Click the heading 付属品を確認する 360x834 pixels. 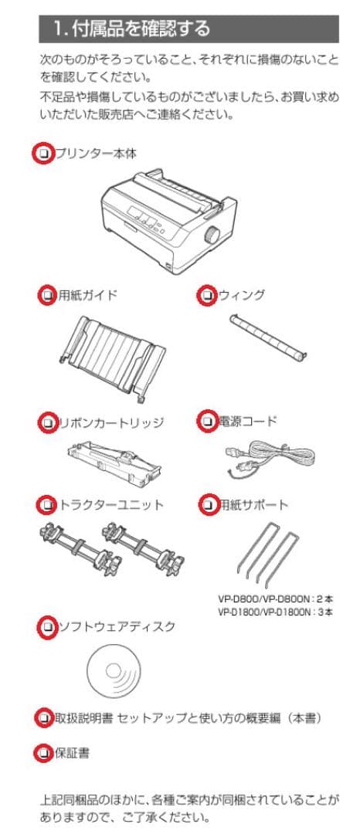131,29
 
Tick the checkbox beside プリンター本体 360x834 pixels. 44,154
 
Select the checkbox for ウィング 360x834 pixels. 207,295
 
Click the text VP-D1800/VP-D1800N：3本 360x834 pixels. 276,612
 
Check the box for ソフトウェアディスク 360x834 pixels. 48,627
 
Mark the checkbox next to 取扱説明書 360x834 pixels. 45,718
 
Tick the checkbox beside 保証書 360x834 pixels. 45,753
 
